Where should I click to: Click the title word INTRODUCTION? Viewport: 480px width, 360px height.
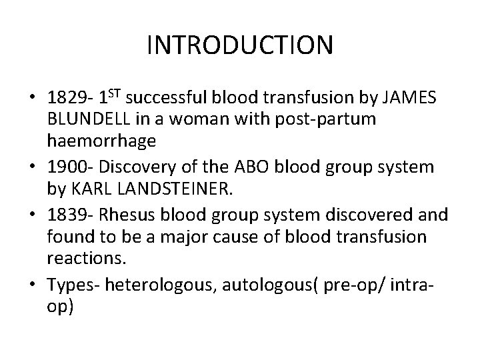[x=239, y=45]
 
